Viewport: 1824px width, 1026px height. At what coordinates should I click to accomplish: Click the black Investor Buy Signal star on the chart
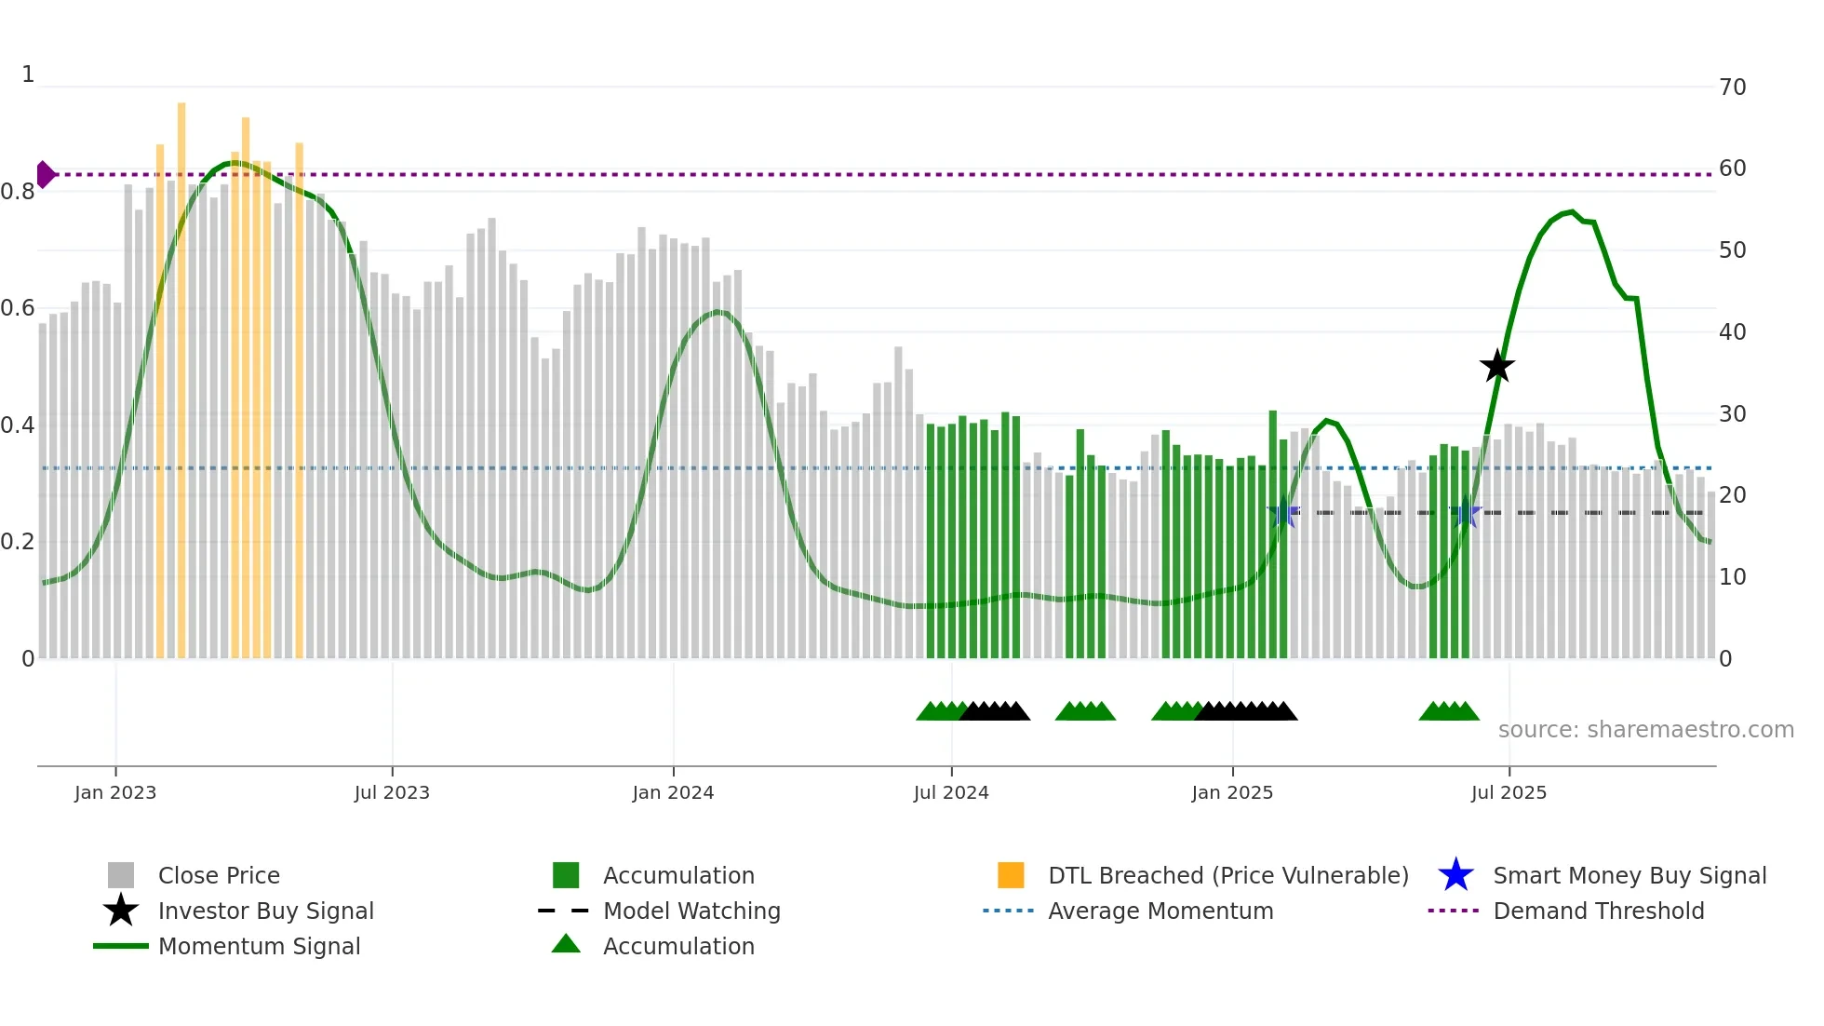tap(1497, 367)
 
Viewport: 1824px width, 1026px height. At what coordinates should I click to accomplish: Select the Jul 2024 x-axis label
tap(951, 792)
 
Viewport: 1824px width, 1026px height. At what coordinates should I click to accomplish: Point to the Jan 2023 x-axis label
tap(115, 792)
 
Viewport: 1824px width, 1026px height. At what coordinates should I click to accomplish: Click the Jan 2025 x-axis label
tap(1232, 792)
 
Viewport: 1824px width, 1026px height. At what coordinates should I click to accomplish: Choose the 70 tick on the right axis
tap(1733, 88)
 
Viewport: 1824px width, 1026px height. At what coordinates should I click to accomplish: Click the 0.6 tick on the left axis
tap(18, 308)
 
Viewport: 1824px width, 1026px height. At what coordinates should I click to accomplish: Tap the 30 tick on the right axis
tap(1733, 414)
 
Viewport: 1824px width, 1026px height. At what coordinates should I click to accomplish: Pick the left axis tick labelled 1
tap(28, 74)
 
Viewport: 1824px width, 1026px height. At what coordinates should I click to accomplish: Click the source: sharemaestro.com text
tap(1646, 730)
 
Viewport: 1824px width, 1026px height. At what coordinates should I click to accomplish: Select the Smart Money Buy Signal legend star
tap(1456, 875)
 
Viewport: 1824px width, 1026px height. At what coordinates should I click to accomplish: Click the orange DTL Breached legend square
tap(1011, 875)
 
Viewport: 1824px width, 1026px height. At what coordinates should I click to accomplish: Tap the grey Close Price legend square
tap(121, 875)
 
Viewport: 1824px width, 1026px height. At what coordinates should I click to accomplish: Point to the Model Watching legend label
tap(691, 911)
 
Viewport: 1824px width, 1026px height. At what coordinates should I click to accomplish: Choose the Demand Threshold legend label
tap(1599, 911)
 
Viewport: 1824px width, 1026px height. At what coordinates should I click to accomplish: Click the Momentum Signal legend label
tap(259, 946)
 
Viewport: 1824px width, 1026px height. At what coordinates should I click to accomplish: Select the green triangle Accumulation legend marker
tap(566, 944)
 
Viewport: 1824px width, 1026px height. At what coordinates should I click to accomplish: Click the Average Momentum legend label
tap(1160, 911)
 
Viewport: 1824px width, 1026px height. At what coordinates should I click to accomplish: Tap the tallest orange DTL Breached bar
tap(181, 372)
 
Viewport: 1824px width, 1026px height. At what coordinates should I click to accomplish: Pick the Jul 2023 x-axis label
tap(392, 792)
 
